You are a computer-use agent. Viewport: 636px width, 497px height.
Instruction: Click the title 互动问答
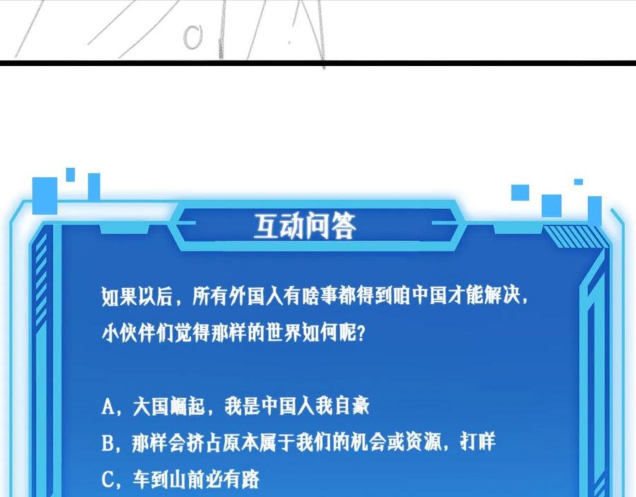tap(305, 226)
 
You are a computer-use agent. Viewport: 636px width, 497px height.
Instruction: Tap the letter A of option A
tap(108, 406)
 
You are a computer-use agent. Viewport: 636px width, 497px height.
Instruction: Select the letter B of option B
tap(107, 443)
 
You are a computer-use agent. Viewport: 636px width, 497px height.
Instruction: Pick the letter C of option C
tap(107, 480)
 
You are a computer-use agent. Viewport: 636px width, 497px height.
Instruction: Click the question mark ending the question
tap(361, 333)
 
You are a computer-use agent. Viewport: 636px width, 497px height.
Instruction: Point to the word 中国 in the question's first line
tap(430, 296)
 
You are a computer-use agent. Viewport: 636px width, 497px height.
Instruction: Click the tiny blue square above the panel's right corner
tap(578, 182)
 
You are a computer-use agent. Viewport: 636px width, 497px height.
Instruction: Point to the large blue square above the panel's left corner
tap(45, 195)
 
